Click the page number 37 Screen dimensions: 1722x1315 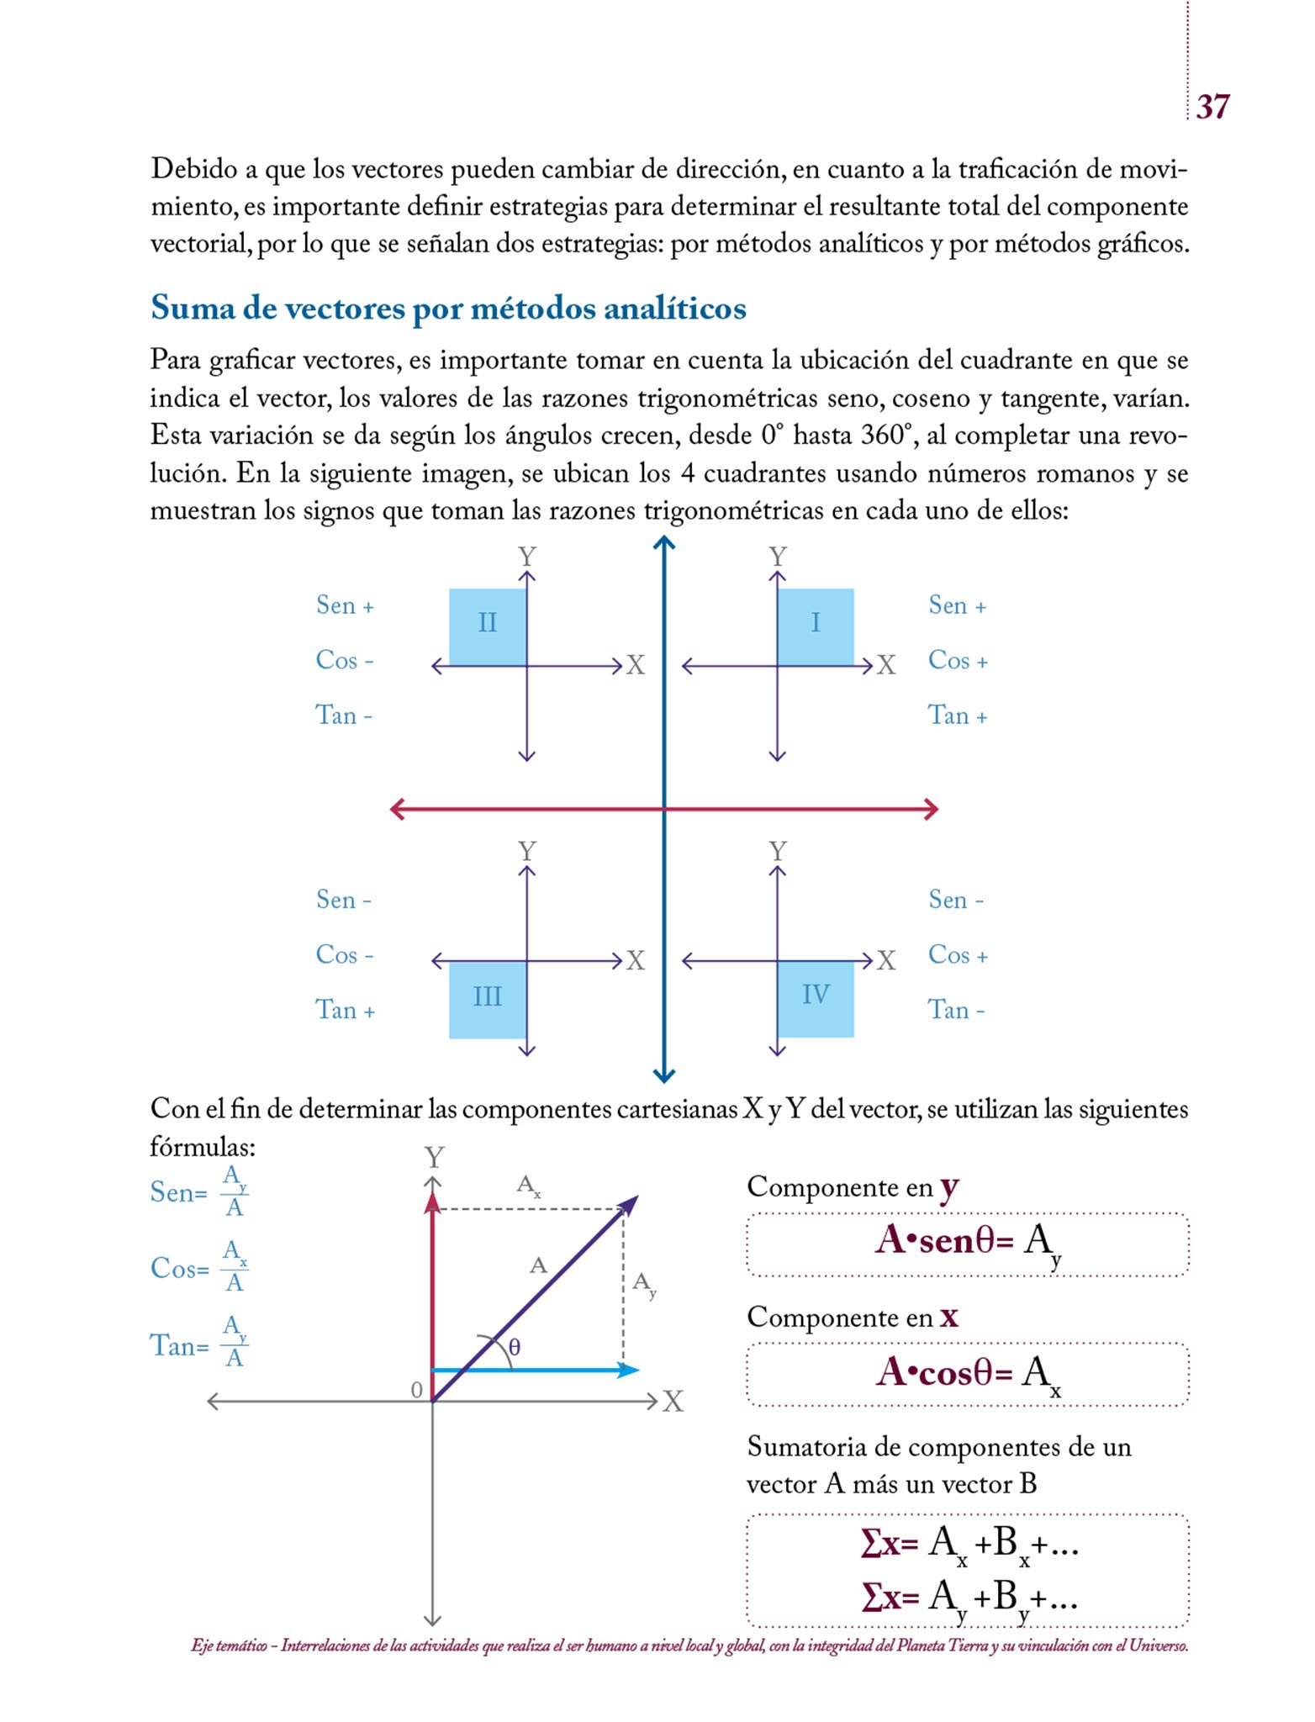point(1212,107)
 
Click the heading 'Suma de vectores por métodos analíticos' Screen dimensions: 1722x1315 point(448,309)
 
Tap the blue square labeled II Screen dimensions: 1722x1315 point(488,626)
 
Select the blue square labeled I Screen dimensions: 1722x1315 point(816,626)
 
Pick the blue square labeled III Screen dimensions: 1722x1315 point(488,999)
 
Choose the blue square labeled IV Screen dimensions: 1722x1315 point(816,998)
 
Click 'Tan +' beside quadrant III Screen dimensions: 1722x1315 point(345,1010)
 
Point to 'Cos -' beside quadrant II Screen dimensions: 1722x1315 point(344,660)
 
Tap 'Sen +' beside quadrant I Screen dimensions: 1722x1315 point(957,605)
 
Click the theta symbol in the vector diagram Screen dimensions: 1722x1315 point(515,1347)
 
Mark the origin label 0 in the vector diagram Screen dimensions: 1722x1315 point(416,1391)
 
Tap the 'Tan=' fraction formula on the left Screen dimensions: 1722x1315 point(199,1344)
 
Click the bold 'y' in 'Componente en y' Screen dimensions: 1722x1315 point(949,1187)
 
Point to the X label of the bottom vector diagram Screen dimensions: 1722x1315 point(673,1402)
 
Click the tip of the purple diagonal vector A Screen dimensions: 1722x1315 point(636,1198)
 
